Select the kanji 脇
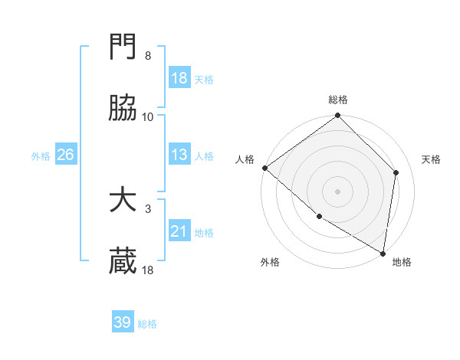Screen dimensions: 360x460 point(123,109)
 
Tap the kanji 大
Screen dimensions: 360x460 point(123,201)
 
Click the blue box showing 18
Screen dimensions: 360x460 point(179,78)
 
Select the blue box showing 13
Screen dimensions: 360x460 point(179,155)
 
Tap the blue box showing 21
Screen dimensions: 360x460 point(179,231)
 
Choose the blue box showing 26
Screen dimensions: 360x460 point(65,155)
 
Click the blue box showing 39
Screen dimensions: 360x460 point(123,322)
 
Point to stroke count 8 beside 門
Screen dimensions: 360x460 point(147,56)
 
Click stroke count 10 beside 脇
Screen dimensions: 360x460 point(148,117)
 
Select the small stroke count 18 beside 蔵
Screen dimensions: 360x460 point(148,270)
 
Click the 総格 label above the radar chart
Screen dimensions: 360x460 point(338,100)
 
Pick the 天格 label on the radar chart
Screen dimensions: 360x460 point(431,159)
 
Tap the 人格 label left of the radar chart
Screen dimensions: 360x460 point(245,159)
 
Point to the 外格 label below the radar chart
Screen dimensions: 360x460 point(270,262)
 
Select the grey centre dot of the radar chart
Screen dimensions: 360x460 point(338,191)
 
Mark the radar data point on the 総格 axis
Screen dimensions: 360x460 point(338,116)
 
